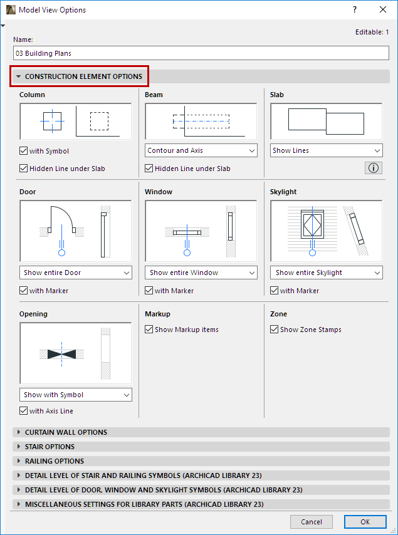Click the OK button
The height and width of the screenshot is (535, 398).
point(365,522)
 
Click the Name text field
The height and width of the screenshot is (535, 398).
point(201,53)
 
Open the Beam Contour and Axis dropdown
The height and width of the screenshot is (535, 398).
point(201,150)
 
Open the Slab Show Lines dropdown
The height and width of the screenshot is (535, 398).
point(327,150)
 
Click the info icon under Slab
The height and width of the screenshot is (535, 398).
point(374,168)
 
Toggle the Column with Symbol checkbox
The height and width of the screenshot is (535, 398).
point(24,151)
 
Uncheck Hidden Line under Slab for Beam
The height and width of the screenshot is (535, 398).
point(149,169)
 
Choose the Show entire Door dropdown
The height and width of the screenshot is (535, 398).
point(76,273)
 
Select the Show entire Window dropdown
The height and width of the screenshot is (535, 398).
point(201,273)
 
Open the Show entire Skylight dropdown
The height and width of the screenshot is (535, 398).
point(327,273)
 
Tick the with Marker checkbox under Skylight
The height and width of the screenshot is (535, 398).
point(274,290)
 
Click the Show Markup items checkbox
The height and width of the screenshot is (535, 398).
point(149,330)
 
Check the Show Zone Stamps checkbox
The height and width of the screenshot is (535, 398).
point(274,330)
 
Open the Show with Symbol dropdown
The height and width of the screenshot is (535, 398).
point(76,395)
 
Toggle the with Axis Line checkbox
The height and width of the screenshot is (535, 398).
point(24,410)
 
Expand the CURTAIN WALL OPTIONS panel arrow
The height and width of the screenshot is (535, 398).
point(19,432)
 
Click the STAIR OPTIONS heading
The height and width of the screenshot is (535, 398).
point(50,447)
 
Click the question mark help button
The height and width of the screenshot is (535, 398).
point(355,9)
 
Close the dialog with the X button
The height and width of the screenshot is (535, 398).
point(383,9)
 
